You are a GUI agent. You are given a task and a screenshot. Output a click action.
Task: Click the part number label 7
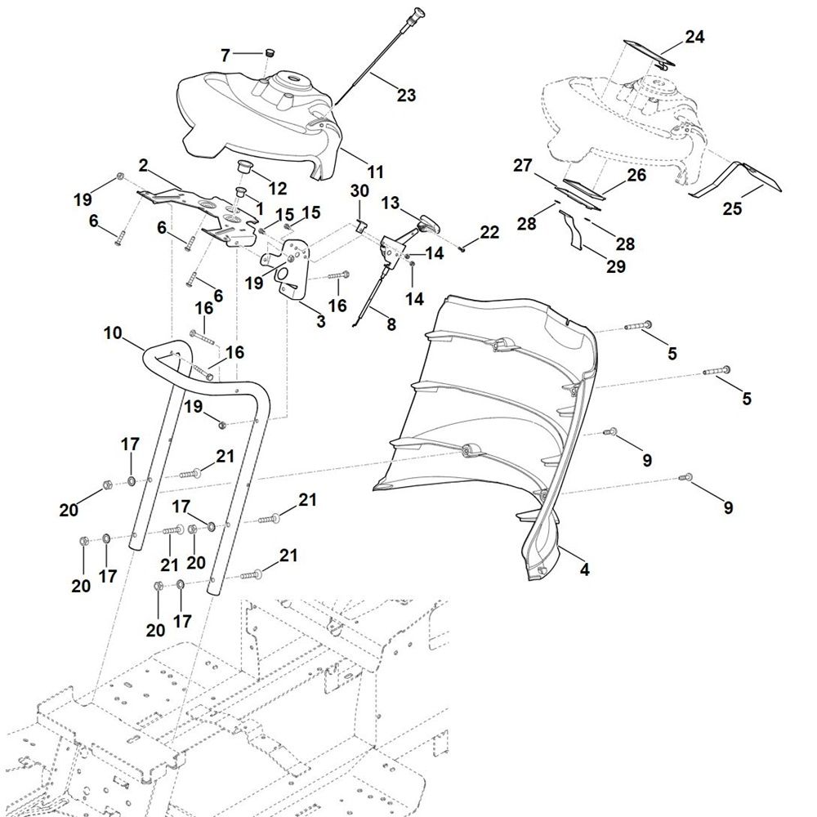tap(226, 55)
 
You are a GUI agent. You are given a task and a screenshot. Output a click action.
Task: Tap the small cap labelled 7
tap(266, 54)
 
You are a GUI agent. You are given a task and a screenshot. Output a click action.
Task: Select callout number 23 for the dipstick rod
tap(406, 96)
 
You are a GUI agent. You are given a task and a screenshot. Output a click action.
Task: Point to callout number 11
tap(375, 172)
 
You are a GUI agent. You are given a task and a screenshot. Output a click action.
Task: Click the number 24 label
tap(694, 37)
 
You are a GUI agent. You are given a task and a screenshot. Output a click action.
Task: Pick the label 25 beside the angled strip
tap(732, 209)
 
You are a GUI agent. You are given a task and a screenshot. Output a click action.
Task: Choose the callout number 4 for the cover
tap(584, 570)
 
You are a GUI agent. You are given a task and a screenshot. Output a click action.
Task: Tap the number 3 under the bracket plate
tap(321, 322)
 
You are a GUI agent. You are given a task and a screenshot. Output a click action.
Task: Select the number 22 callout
tap(489, 233)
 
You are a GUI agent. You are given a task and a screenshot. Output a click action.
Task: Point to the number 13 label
tap(391, 202)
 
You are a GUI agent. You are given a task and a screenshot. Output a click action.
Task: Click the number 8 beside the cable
tap(391, 324)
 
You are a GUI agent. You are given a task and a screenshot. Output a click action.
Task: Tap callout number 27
tap(522, 165)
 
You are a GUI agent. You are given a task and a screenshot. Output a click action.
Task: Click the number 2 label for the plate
tap(143, 166)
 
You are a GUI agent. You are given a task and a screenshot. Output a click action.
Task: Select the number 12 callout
tap(277, 189)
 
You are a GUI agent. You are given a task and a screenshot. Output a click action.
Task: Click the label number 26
tap(636, 175)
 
